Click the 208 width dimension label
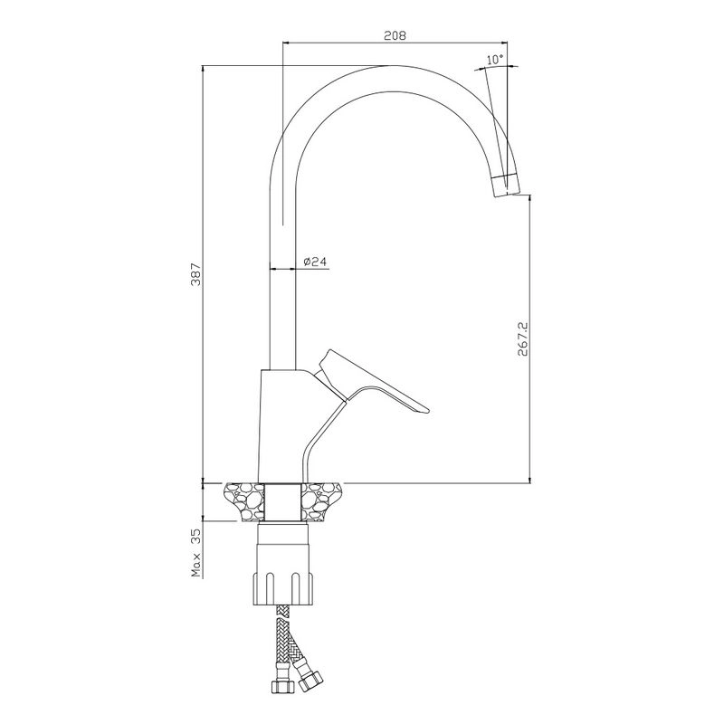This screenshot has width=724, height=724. (x=395, y=35)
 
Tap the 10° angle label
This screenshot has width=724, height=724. (x=495, y=60)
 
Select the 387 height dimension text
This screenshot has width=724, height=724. (x=195, y=274)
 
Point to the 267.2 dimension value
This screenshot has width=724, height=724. (x=523, y=338)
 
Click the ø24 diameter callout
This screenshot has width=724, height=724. (x=315, y=262)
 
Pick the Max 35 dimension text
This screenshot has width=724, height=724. (x=196, y=554)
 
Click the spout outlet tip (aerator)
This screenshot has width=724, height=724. (x=506, y=185)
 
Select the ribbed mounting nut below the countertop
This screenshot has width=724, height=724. (x=282, y=589)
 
